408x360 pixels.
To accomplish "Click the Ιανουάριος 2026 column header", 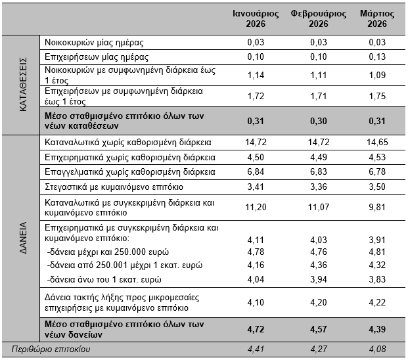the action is [256, 19].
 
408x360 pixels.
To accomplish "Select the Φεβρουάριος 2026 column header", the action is [319, 19].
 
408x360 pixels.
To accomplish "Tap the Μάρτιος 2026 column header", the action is [377, 19].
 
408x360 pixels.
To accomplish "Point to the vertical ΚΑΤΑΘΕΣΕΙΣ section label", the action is [23, 85].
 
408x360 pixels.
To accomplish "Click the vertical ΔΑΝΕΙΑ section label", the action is [23, 238].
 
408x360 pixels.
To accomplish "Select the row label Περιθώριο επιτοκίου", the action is [51, 349].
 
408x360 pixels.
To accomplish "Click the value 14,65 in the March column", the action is [377, 143].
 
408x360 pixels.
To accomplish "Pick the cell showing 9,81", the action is [377, 208].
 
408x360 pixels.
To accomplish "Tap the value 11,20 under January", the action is [256, 208].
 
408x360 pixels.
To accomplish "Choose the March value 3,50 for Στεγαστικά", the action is [377, 187].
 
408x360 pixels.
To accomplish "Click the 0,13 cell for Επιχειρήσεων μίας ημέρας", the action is [377, 57].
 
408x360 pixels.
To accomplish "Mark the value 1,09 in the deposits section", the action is [377, 75].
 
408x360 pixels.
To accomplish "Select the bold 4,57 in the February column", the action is [319, 330].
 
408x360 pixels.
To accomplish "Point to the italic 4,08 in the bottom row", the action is [377, 349].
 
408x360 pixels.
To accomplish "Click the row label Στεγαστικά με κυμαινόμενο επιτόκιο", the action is [114, 187].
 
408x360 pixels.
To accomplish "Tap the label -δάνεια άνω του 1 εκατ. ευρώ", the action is [104, 280].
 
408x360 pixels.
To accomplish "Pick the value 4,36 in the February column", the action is [319, 265].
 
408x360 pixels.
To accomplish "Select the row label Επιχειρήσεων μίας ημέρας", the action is [97, 57].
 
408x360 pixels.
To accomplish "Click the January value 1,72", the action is [256, 97].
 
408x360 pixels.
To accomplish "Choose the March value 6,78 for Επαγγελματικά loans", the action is [377, 172].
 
